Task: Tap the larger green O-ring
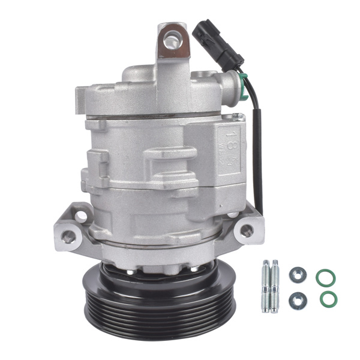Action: coord(326,277)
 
